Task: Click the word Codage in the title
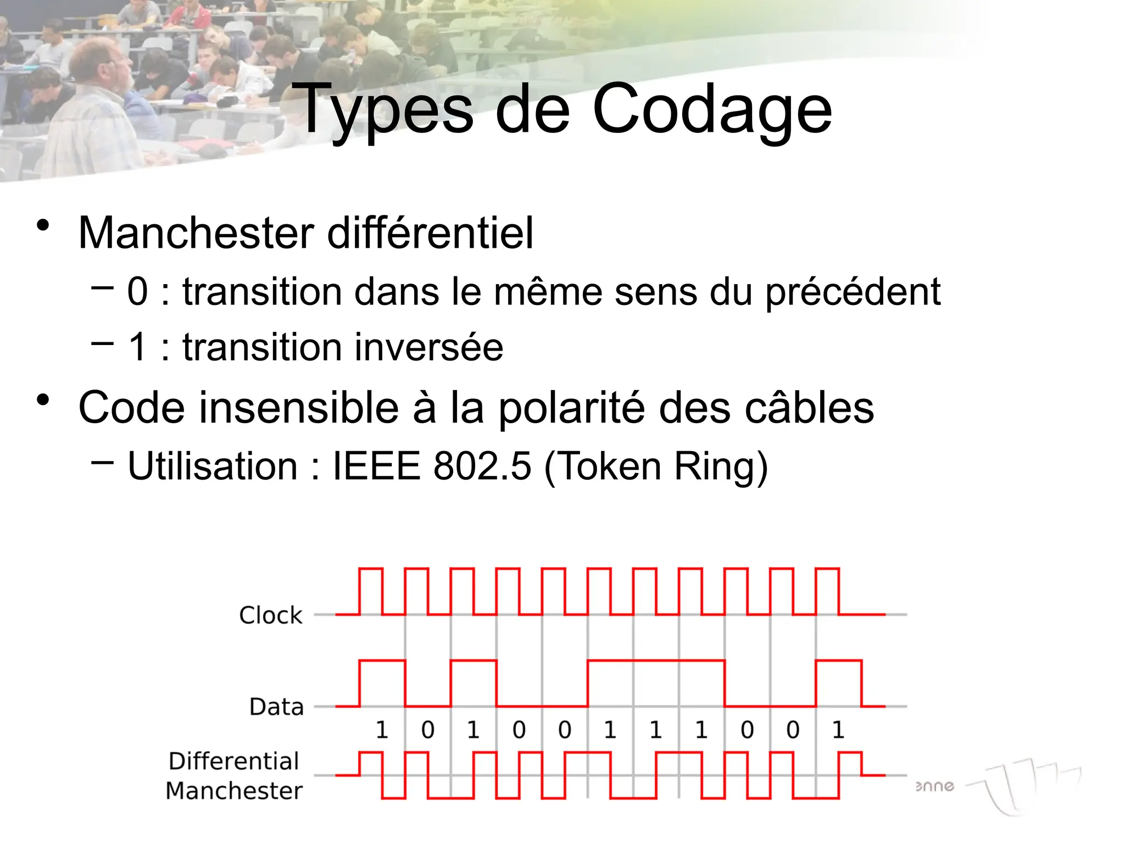click(x=712, y=110)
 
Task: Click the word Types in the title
click(x=383, y=110)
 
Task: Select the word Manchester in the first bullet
click(x=196, y=233)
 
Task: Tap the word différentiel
click(x=430, y=233)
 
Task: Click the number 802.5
click(x=482, y=467)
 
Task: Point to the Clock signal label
click(x=271, y=615)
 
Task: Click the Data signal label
click(x=276, y=707)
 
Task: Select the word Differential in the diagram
click(x=234, y=762)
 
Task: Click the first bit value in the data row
click(x=382, y=730)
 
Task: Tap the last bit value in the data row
click(x=838, y=730)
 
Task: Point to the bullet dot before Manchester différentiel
click(x=43, y=225)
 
